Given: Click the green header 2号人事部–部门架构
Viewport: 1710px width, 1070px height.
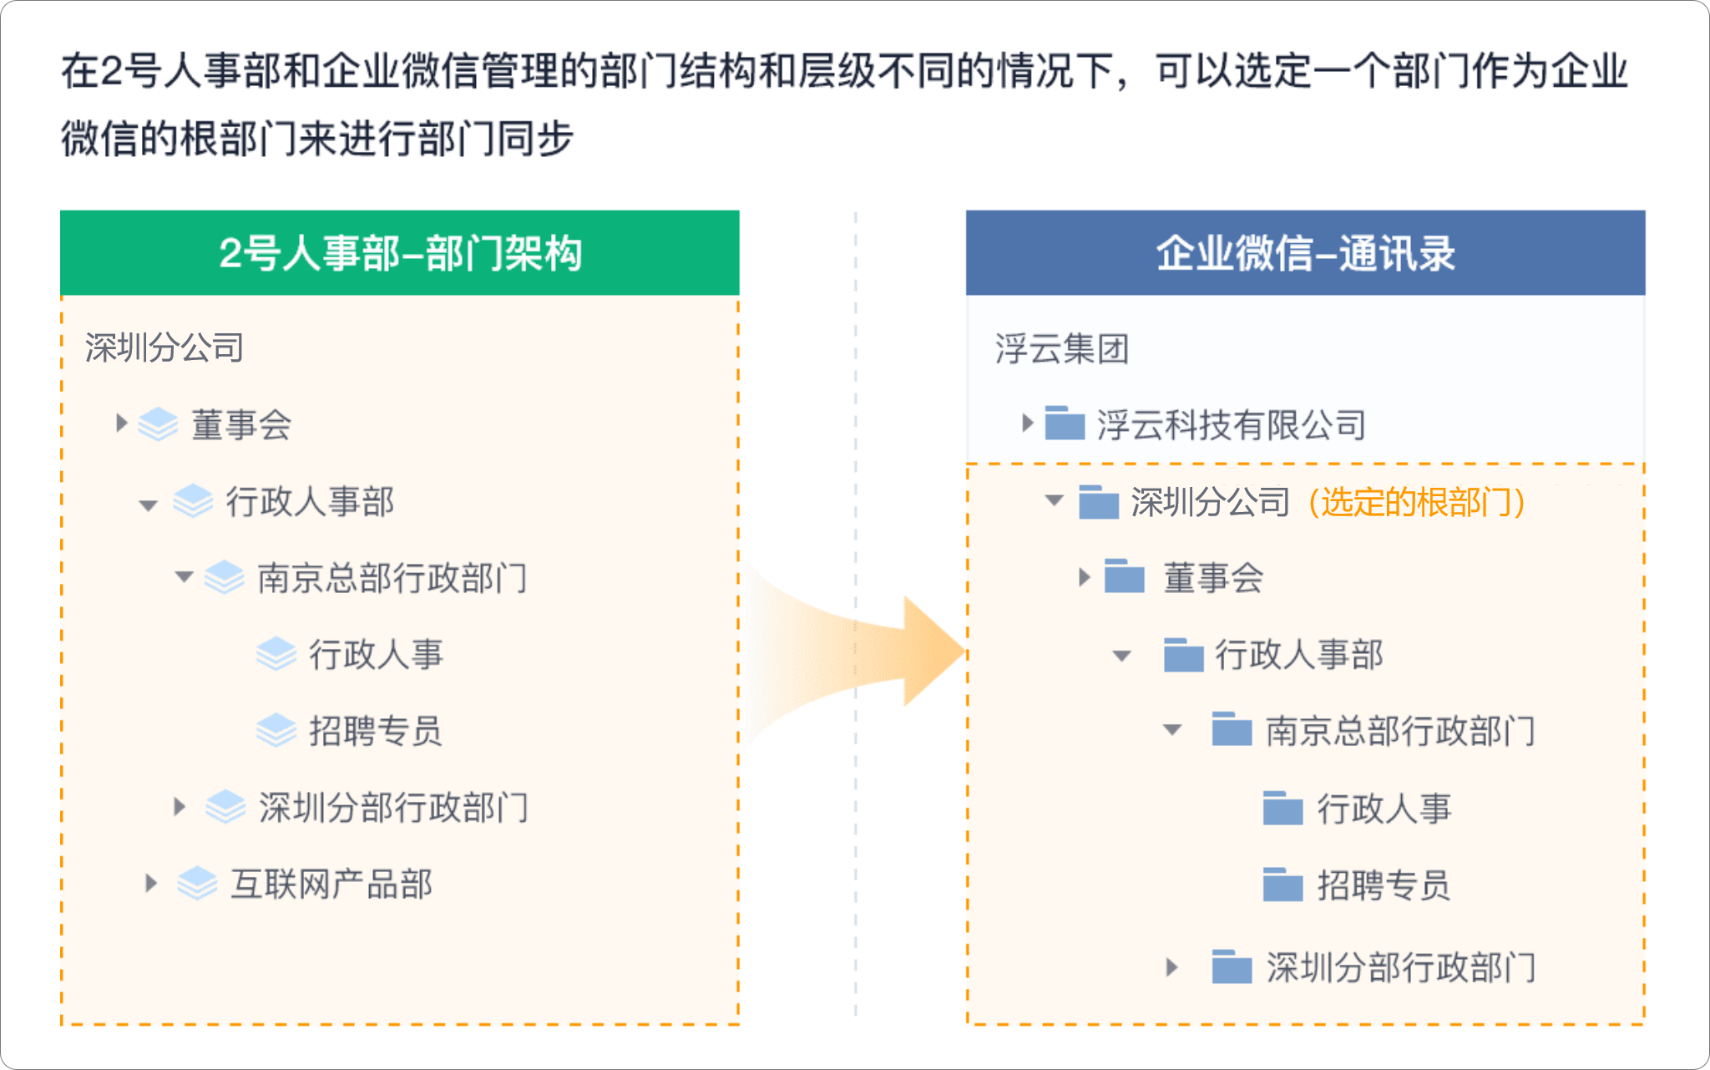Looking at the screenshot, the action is coord(400,253).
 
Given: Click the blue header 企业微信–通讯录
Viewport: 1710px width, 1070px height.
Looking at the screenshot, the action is coord(1305,253).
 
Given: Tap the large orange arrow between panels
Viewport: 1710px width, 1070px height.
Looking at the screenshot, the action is coord(856,652).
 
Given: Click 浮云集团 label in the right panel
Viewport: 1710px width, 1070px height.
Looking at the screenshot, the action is coord(1061,348).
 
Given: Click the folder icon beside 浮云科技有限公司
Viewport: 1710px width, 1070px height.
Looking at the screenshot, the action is coord(1065,423).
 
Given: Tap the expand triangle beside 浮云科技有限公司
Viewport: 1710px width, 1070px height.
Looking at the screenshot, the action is coord(1028,423).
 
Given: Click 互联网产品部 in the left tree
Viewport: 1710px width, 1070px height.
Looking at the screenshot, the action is coord(331,884).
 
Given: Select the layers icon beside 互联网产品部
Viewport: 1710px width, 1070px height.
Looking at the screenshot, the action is coord(198,884).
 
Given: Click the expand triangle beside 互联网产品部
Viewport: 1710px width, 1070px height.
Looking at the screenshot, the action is coord(151,883).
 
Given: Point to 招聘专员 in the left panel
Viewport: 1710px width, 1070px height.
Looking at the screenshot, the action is coord(375,731).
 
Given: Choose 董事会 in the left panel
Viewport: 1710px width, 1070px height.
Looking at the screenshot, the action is coord(241,424).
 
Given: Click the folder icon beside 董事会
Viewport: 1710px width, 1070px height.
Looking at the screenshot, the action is coord(1124,576).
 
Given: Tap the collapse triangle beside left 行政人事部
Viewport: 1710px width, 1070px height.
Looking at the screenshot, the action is coord(149,505).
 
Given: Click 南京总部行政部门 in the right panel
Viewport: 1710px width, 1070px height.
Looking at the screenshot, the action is coord(1400,731).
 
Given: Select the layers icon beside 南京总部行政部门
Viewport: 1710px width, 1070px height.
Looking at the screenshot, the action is coord(225,577).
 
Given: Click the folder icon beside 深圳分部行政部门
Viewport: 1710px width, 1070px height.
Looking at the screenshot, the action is coord(1232,966).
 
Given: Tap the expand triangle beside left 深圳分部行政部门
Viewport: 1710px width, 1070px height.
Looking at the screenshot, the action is coord(180,806).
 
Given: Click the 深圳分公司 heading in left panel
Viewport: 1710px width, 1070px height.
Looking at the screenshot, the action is coord(164,347).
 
